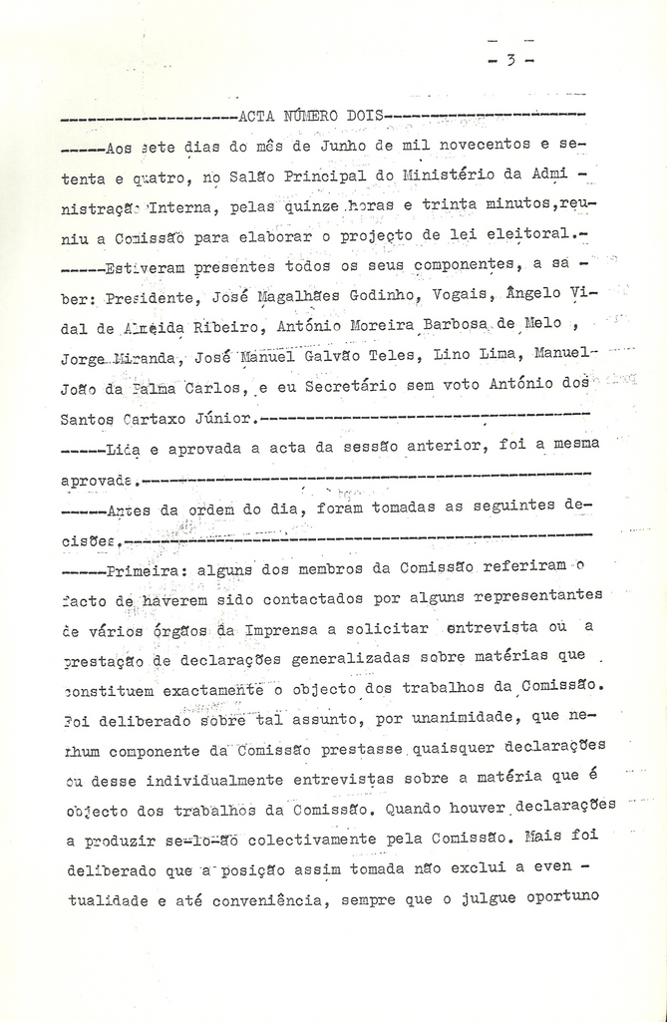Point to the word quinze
312,207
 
